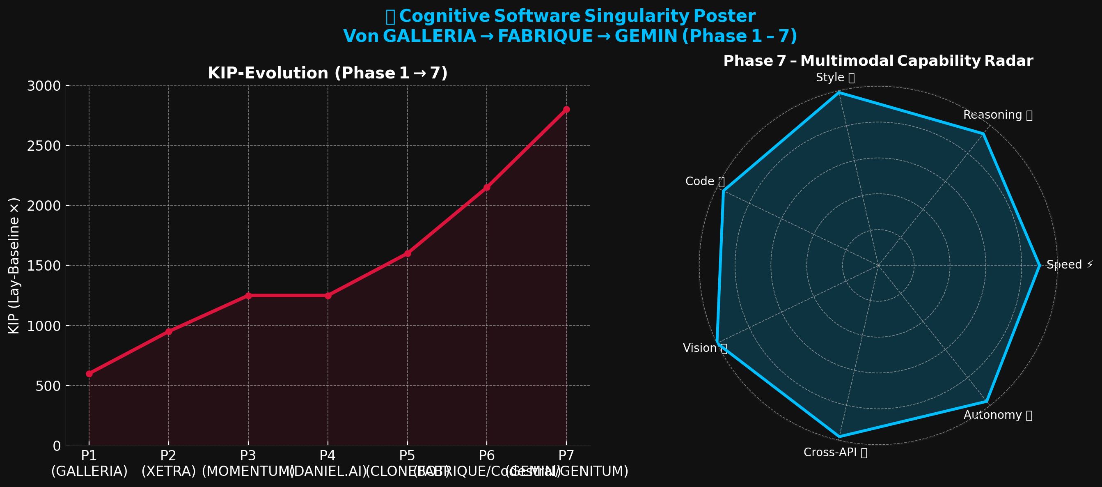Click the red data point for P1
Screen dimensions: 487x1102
pyautogui.click(x=89, y=374)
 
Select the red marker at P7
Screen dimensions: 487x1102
pyautogui.click(x=566, y=110)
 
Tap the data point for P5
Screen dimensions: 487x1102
pyautogui.click(x=407, y=253)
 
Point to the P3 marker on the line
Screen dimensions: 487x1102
pyautogui.click(x=248, y=296)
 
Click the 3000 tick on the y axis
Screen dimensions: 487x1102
pyautogui.click(x=44, y=86)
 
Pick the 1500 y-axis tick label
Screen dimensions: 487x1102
pyautogui.click(x=44, y=266)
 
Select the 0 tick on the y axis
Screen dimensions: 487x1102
pyautogui.click(x=57, y=446)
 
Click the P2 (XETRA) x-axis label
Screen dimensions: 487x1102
pyautogui.click(x=169, y=463)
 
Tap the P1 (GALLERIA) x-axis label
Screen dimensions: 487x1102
pyautogui.click(x=89, y=463)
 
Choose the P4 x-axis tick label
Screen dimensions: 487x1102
pyautogui.click(x=328, y=455)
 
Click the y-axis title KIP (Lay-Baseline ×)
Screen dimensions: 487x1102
pyautogui.click(x=14, y=265)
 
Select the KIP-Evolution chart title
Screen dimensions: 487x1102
pyautogui.click(x=328, y=73)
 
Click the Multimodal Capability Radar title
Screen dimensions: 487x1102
pyautogui.click(x=878, y=61)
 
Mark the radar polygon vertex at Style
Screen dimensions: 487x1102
pyautogui.click(x=839, y=92)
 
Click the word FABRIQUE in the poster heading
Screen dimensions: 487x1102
pyautogui.click(x=545, y=36)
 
